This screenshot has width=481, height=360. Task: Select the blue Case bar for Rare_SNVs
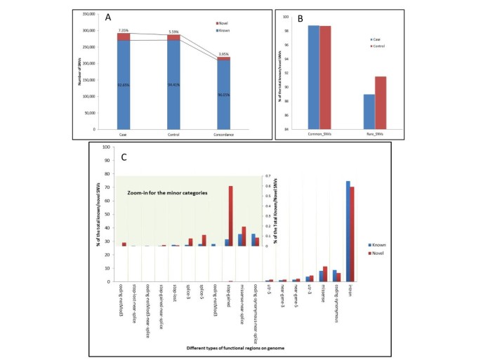coord(369,112)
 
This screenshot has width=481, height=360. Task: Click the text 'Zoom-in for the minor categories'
coord(166,192)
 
